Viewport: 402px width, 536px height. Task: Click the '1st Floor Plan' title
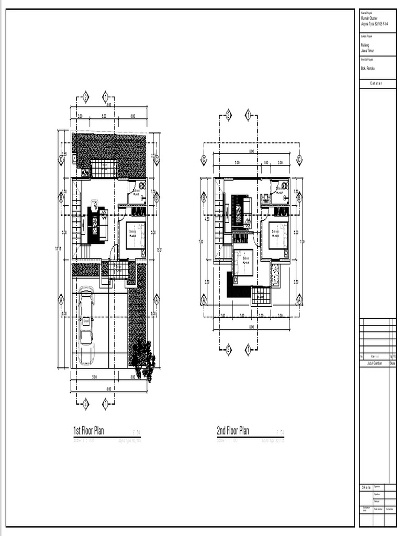88,431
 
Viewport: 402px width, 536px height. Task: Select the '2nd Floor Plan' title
233,431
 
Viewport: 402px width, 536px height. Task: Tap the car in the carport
85,327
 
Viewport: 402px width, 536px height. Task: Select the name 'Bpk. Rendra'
368,69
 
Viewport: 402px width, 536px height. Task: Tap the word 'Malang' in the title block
365,46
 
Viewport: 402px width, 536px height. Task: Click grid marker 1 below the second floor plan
248,350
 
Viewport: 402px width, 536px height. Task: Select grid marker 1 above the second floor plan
248,116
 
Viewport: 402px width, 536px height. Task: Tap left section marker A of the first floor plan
61,300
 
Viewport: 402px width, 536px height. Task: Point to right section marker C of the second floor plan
299,160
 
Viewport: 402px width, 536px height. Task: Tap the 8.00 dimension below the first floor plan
108,389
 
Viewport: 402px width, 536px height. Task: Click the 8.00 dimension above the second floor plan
251,151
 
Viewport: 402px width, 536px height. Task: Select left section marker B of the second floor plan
204,198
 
